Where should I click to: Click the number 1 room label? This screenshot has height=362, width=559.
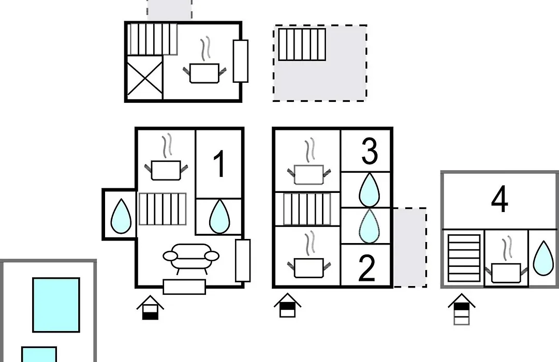point(219,163)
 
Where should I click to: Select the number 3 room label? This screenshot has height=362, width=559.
point(370,151)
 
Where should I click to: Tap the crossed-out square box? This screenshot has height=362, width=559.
point(145,78)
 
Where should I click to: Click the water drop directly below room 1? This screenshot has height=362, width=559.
point(219,216)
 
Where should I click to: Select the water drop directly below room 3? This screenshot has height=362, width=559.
point(370,190)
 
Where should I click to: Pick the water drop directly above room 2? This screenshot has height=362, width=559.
point(370,226)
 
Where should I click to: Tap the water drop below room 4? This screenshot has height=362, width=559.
point(543,259)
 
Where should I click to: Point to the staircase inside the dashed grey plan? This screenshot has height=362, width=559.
point(302,44)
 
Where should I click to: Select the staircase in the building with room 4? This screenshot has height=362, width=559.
point(464,259)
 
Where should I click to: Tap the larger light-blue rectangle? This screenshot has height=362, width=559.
point(56,305)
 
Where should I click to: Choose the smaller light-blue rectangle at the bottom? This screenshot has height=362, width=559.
point(39,355)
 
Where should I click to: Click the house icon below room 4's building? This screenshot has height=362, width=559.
point(462,309)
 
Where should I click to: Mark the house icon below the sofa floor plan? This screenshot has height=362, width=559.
point(150,308)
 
